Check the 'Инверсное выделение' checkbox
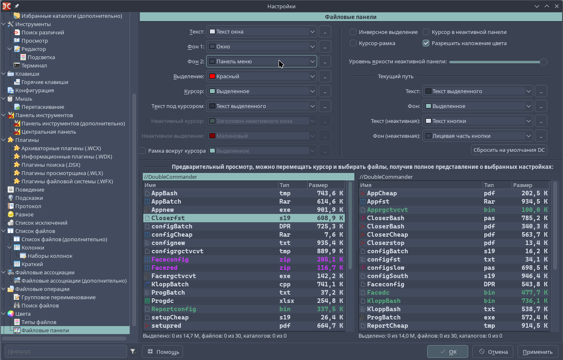click(353, 32)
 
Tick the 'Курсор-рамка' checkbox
click(353, 43)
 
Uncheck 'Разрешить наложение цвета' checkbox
click(426, 43)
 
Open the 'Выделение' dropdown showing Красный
click(261, 77)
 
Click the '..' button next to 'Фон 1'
click(325, 47)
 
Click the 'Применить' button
click(537, 352)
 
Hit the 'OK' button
click(448, 352)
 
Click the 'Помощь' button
click(162, 352)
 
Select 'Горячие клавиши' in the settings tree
click(45, 82)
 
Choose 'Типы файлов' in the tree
click(39, 322)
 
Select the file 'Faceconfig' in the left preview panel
click(170, 259)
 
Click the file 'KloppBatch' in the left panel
click(170, 284)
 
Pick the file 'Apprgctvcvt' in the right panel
click(387, 210)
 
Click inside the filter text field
click(66, 351)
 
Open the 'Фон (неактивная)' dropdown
click(477, 136)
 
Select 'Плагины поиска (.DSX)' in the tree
click(51, 165)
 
